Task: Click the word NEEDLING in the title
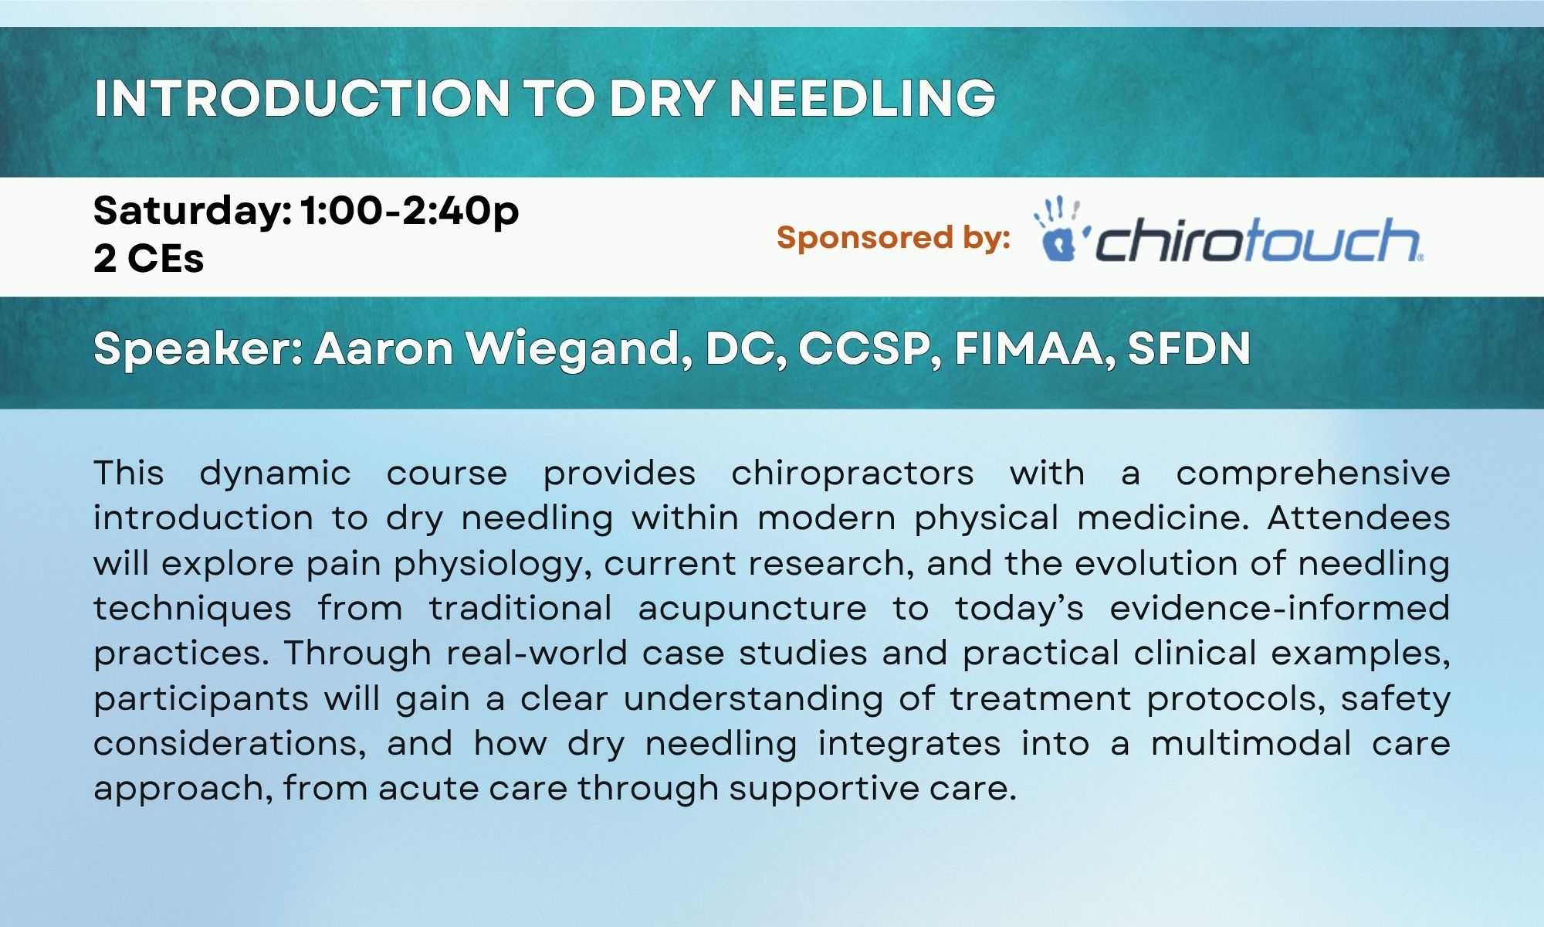[x=862, y=98]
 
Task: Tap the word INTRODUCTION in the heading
[x=301, y=98]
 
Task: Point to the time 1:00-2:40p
[x=410, y=212]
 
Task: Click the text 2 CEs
[x=149, y=258]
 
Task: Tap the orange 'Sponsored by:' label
[x=893, y=238]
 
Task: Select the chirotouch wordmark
[x=1259, y=239]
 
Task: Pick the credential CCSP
[x=869, y=349]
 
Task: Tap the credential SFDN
[x=1189, y=348]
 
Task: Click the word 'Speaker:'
[x=198, y=350]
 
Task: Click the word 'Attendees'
[x=1359, y=518]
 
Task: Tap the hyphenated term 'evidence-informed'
[x=1280, y=608]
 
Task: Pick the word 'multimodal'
[x=1251, y=743]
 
